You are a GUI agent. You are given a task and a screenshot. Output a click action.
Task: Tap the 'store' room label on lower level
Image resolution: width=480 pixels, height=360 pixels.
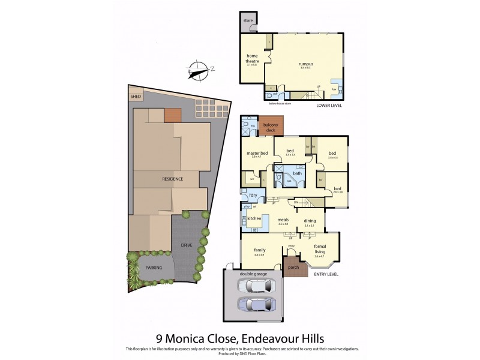(248, 21)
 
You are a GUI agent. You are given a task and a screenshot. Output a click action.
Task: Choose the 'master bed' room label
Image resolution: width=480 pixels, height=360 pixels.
(257, 154)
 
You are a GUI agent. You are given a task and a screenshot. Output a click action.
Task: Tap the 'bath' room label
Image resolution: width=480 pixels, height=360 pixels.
(297, 173)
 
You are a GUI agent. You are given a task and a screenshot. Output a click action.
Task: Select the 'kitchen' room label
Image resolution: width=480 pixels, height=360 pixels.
(254, 218)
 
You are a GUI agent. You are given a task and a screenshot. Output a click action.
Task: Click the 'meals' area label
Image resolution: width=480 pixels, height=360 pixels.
(283, 220)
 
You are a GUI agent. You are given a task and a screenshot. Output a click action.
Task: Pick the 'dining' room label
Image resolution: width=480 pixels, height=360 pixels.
(310, 220)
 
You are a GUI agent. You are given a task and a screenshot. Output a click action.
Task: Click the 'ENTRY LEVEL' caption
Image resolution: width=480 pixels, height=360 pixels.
(326, 274)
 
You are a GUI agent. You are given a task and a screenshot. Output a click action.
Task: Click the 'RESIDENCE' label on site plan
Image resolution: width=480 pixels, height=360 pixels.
(172, 179)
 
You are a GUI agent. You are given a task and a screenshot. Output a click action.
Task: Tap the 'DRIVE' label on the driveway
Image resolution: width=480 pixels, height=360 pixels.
(187, 245)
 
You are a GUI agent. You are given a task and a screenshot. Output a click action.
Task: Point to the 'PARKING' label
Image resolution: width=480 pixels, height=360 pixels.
(154, 267)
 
